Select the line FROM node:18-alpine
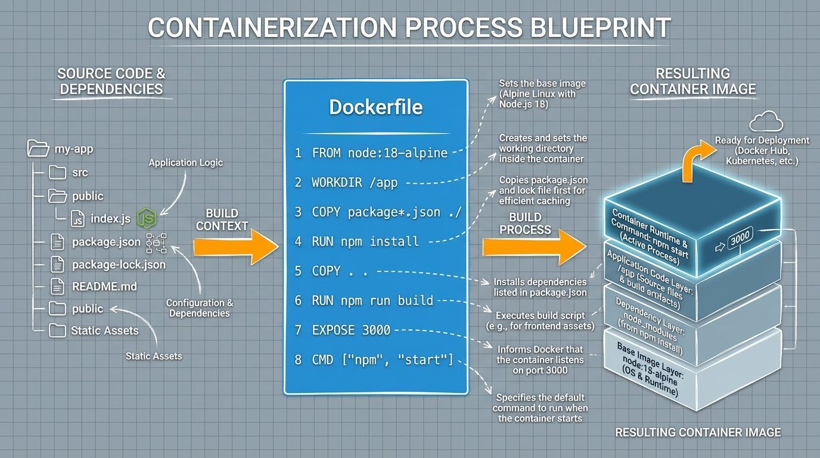379,153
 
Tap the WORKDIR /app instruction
354,183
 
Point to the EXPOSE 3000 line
350,330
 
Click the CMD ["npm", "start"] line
382,360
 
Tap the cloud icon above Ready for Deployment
765,122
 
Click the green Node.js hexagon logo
147,219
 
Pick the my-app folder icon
38,148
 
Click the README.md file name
104,286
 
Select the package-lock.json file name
119,264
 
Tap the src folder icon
57,172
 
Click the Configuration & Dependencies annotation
199,308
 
